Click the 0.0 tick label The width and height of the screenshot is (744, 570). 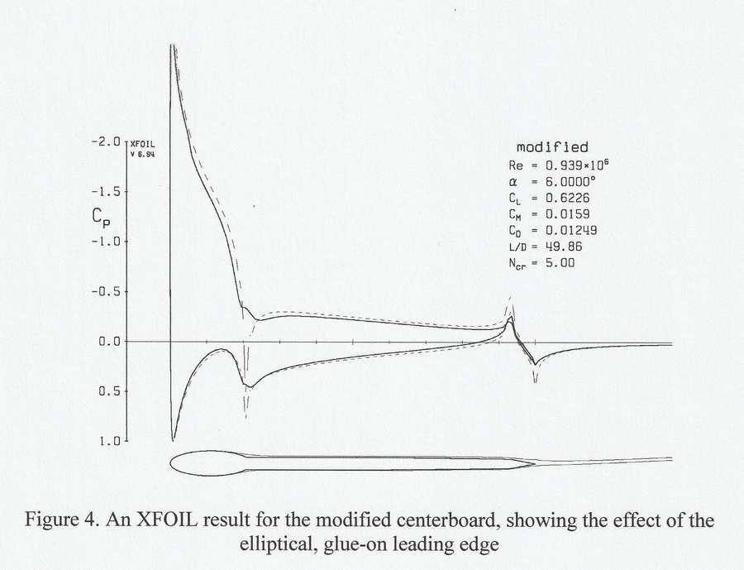tap(109, 341)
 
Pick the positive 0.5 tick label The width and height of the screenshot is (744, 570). tap(109, 391)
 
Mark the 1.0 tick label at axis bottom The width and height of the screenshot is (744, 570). tap(109, 441)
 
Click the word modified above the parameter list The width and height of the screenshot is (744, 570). tap(552, 147)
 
